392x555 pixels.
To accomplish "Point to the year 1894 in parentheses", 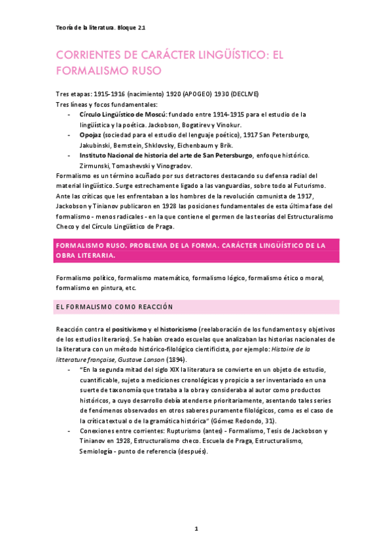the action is (x=176, y=360).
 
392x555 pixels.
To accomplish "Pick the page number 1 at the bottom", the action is (x=196, y=528).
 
